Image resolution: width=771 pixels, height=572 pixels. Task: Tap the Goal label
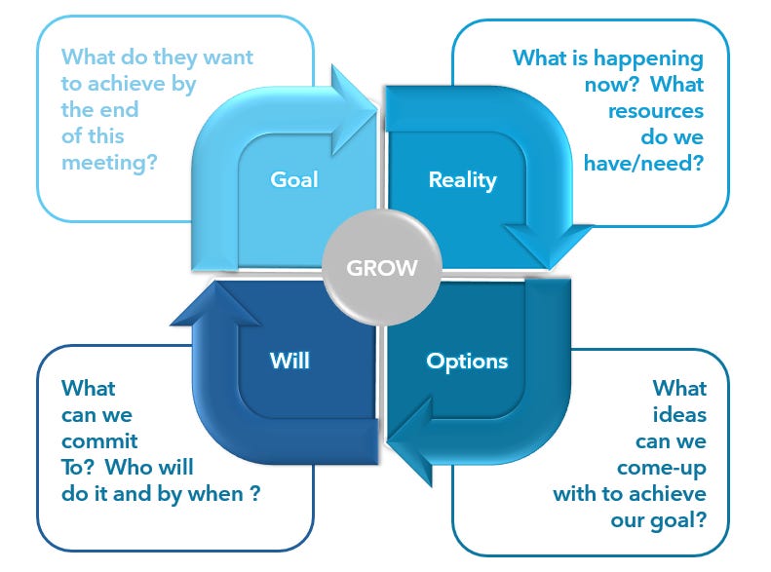294,179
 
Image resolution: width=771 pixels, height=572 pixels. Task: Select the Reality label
462,179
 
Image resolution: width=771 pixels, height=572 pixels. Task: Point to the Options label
467,361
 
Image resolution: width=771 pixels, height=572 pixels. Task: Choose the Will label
289,361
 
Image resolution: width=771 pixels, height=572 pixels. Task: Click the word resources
655,111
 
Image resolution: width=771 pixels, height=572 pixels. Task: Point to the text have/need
643,164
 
